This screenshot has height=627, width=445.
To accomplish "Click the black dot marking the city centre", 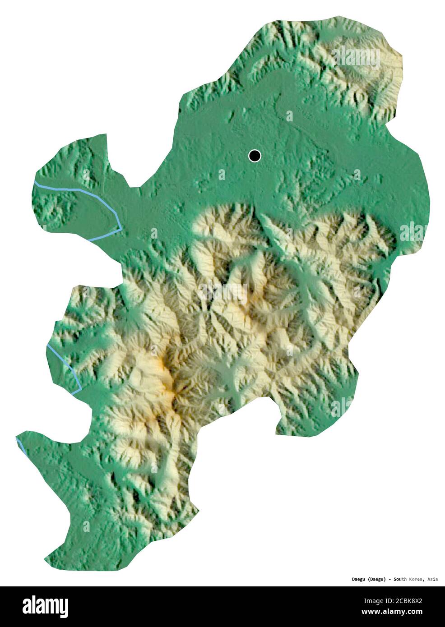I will (x=255, y=156).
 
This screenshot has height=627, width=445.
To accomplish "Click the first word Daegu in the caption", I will (x=359, y=579).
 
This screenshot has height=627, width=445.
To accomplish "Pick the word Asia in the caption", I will (x=432, y=579).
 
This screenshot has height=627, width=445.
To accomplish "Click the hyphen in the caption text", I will (x=389, y=579).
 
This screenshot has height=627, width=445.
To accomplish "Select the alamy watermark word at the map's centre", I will (x=223, y=293).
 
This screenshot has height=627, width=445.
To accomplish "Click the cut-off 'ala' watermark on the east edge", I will (x=413, y=233).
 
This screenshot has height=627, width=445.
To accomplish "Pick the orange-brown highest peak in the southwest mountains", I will (x=167, y=383).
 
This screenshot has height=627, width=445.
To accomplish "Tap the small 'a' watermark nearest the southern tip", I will (x=85, y=526).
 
